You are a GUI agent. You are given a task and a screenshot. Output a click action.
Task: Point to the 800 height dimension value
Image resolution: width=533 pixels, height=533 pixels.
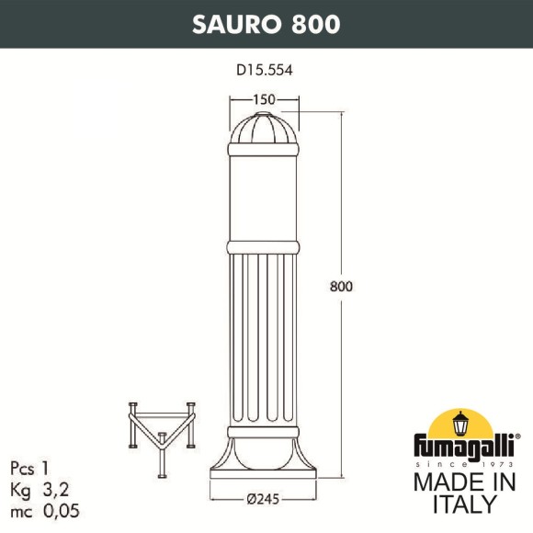coord(342,286)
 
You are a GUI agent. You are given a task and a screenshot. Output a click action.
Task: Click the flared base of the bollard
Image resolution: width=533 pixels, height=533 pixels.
coord(265,459)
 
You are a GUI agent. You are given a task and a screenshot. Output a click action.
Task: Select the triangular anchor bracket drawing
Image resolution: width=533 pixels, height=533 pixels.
coord(163,427)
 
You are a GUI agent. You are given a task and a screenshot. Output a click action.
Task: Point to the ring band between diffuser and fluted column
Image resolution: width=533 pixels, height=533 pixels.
coord(265,247)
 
